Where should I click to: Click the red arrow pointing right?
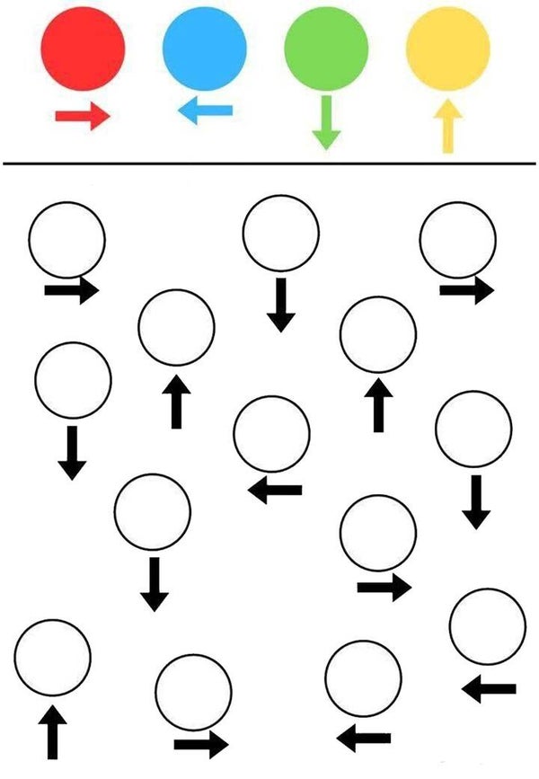pos(82,116)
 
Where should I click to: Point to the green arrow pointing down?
pos(325,122)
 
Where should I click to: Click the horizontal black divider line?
pos(269,164)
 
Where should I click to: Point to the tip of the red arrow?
pos(108,116)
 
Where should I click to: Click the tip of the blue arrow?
pos(180,111)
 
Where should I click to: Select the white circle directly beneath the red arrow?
pos(67,239)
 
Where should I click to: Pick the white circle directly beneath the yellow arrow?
pos(457,239)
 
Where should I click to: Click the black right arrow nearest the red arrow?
pos(72,290)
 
